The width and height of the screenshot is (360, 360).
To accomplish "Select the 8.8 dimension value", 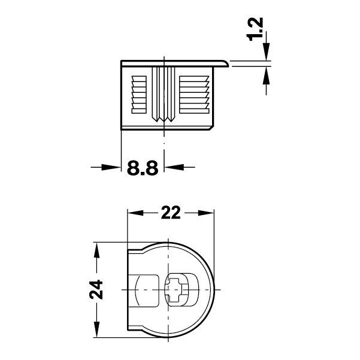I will [142, 168].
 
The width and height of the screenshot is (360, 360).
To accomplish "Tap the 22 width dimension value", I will [172, 213].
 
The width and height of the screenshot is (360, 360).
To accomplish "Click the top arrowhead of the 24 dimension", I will [96, 247].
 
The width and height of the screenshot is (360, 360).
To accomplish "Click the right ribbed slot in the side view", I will [191, 94].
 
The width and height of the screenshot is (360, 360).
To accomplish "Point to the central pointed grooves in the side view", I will [164, 96].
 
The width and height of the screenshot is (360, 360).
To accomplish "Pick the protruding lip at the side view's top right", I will [223, 63].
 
